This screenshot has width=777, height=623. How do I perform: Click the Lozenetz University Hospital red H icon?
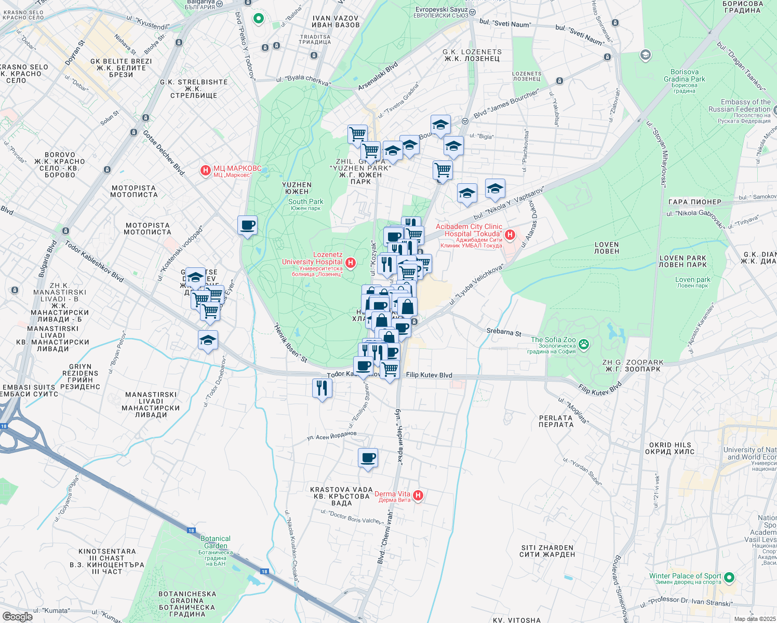(351, 263)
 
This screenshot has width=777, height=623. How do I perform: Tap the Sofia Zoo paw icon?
(584, 343)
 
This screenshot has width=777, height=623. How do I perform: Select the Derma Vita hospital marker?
(418, 496)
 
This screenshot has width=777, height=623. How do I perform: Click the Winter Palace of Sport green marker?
(729, 577)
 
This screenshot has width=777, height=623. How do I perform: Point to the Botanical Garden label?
(216, 542)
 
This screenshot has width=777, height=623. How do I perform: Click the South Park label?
(305, 201)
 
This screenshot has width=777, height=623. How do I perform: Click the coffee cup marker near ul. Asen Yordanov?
(368, 458)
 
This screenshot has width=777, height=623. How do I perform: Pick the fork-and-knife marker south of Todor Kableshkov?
(322, 388)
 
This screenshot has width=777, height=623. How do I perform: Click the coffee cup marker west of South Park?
(247, 226)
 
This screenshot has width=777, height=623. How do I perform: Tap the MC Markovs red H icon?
(206, 170)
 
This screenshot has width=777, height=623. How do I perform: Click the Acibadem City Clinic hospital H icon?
(510, 235)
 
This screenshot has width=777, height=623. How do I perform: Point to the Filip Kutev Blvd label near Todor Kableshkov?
(429, 375)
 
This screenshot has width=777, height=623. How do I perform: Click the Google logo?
(17, 616)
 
